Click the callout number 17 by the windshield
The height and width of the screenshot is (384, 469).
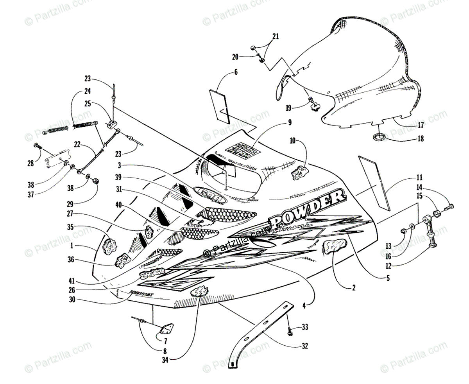[x=420, y=126]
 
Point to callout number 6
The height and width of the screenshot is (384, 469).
[x=236, y=72]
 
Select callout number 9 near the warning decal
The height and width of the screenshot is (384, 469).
[x=290, y=122]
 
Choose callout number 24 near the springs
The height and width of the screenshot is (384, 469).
[x=87, y=91]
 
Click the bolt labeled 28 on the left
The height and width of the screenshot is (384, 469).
[x=38, y=146]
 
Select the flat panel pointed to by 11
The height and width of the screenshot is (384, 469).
[x=374, y=182]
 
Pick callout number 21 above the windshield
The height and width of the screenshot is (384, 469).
[x=276, y=37]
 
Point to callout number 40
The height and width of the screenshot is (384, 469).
[x=118, y=204]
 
